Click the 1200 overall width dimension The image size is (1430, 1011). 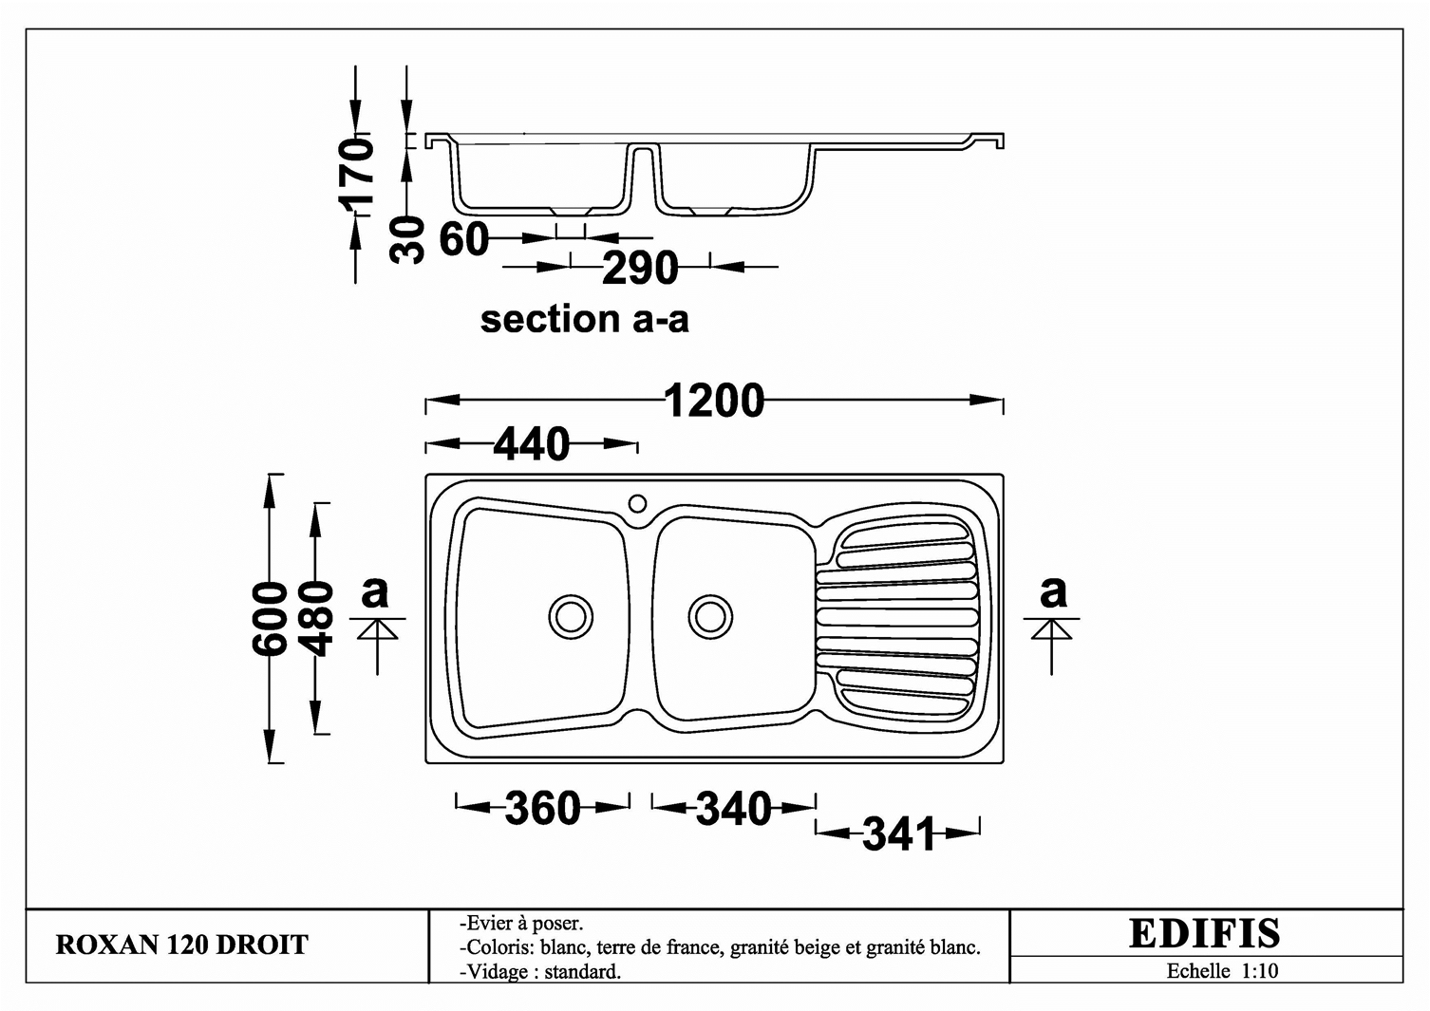pos(714,401)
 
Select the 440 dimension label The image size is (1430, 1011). pos(531,444)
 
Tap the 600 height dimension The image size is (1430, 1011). pos(270,618)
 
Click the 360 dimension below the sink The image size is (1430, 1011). pos(542,808)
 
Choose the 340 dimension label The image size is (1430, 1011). pos(733,809)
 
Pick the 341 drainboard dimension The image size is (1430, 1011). pos(898,833)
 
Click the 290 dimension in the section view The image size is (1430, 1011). pos(640,268)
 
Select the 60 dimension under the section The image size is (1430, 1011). pos(464,240)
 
